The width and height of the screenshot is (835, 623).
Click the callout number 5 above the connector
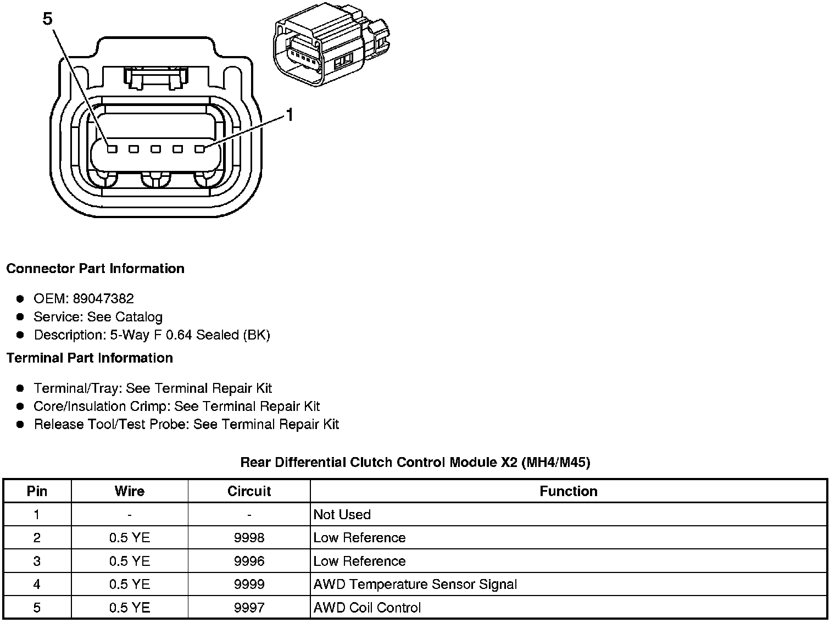click(47, 18)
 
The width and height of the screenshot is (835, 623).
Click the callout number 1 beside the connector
click(290, 114)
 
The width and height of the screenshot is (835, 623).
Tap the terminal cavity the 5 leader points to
click(112, 149)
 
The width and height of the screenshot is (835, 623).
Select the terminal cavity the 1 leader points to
click(200, 149)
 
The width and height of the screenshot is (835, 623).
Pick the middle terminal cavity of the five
click(155, 149)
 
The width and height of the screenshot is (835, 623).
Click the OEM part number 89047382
click(103, 298)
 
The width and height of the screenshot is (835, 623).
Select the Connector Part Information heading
click(96, 269)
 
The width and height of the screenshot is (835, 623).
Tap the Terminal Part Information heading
click(90, 358)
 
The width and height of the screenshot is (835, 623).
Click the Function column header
click(569, 491)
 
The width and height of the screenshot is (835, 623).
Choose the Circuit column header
click(249, 491)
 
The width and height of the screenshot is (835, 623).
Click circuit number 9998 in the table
click(249, 538)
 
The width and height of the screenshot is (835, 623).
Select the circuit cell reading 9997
click(249, 608)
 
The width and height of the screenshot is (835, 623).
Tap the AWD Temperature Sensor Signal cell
click(415, 584)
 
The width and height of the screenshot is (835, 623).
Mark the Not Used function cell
click(342, 515)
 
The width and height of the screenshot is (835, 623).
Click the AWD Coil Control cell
click(367, 608)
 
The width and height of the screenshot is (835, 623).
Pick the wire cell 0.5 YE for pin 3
click(130, 561)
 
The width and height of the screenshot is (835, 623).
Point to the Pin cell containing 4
click(37, 584)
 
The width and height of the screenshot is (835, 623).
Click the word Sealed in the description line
click(218, 335)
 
